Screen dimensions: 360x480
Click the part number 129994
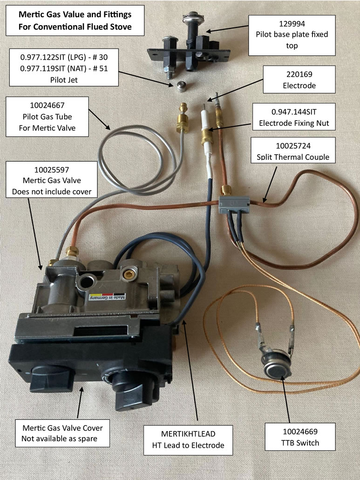[292, 24]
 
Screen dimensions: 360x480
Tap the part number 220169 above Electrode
[299, 74]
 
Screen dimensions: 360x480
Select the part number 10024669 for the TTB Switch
[300, 432]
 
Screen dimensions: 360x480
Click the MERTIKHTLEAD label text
[188, 434]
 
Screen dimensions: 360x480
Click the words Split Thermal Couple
[293, 157]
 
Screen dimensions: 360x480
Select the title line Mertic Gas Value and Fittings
[75, 14]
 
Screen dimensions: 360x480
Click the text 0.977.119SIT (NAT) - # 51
[64, 68]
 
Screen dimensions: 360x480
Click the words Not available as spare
[59, 439]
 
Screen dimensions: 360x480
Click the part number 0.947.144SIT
[294, 112]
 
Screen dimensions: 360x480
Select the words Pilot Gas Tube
[47, 117]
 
